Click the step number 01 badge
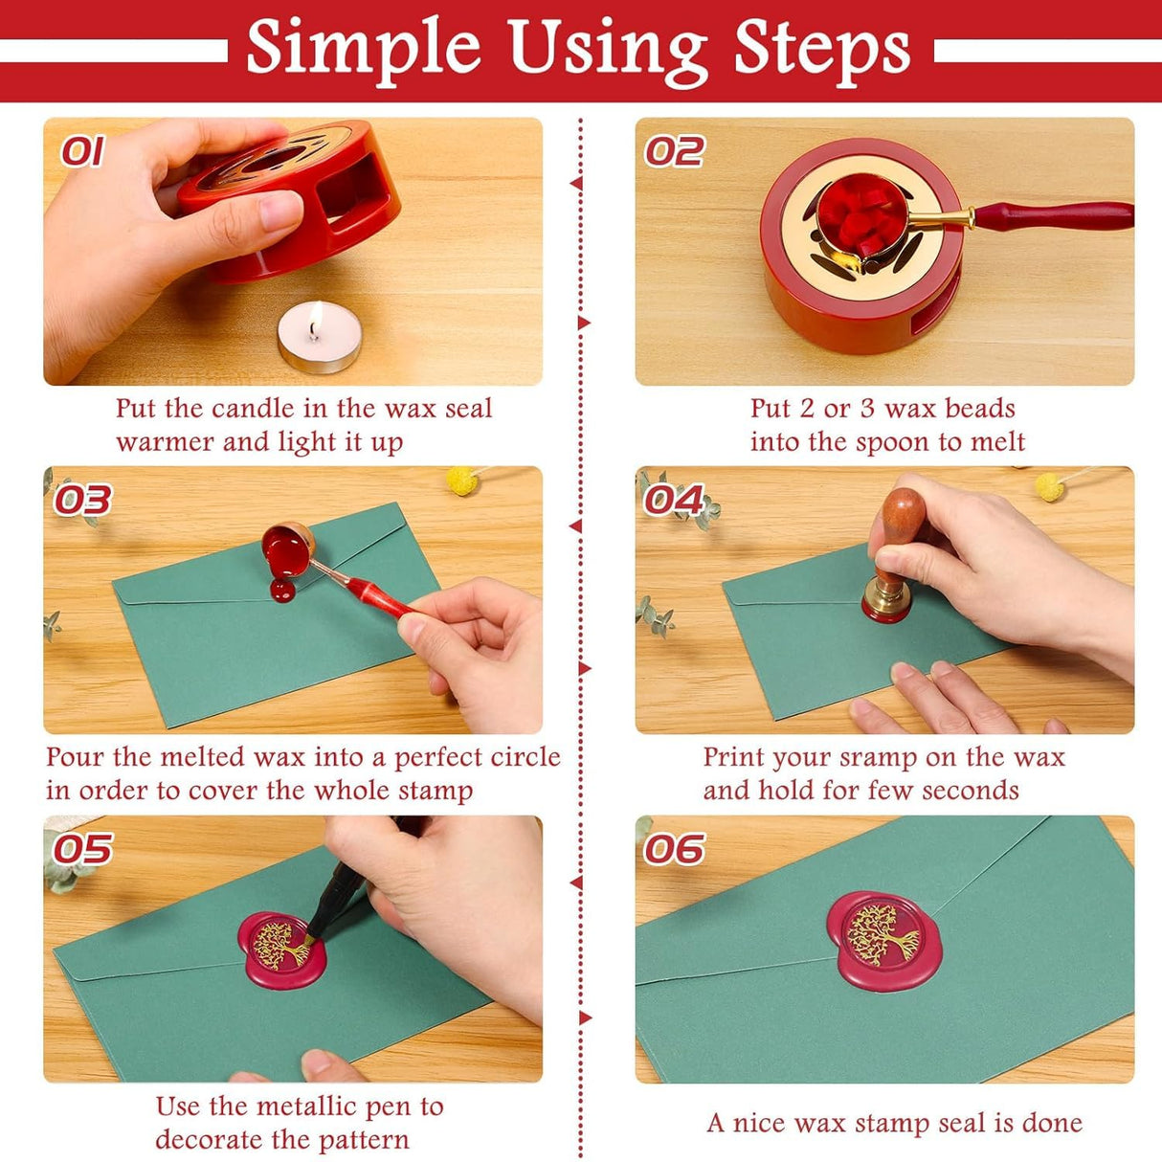82,151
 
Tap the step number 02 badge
674,151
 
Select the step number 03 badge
82,500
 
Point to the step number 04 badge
674,500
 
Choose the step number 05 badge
82,849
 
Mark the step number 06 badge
674,849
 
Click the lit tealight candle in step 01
319,340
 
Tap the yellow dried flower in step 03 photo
462,480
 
